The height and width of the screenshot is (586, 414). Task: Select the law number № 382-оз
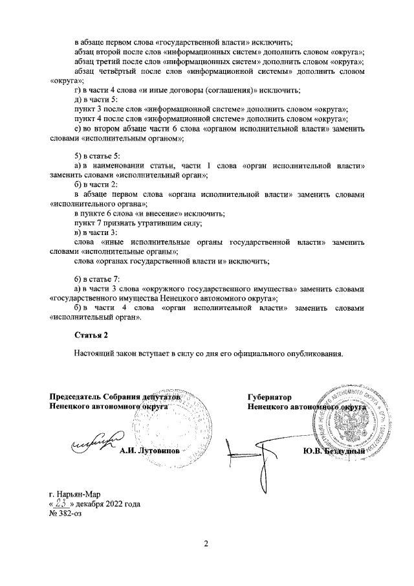click(66, 513)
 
